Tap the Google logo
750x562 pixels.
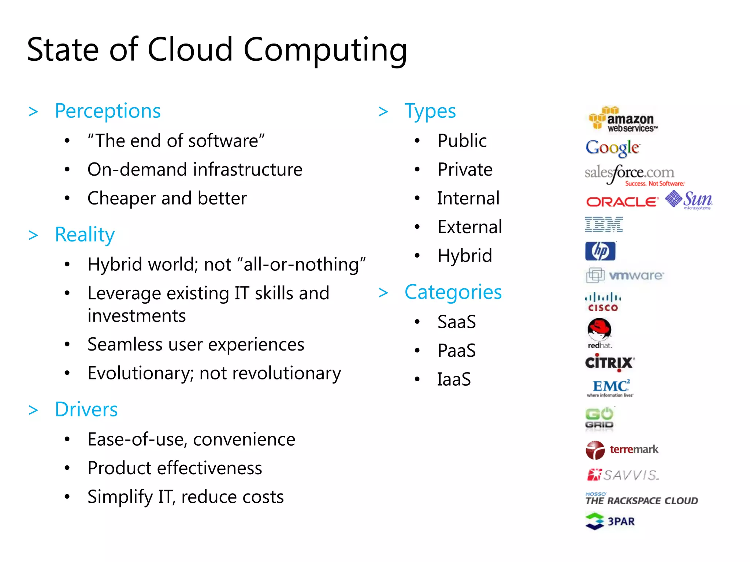pos(612,148)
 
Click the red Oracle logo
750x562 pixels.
pos(622,202)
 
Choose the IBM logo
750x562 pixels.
pos(604,224)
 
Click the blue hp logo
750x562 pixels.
pos(600,251)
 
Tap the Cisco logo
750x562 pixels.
pos(603,302)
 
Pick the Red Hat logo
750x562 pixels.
pos(599,332)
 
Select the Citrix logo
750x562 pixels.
pos(609,363)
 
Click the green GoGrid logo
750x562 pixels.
pos(599,418)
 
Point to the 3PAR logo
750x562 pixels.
pos(610,521)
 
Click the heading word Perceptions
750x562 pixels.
pos(108,111)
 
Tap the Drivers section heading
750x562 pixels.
pos(86,409)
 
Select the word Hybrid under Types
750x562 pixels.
pos(464,255)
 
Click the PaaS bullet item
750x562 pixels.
pos(456,351)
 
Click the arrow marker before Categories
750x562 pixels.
pos(383,293)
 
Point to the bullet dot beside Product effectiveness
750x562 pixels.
pos(67,468)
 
